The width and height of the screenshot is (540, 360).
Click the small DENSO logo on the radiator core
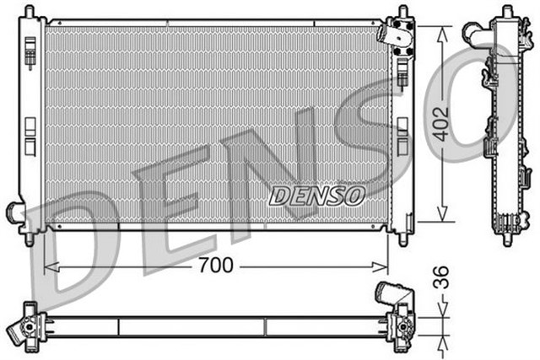coord(316,195)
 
